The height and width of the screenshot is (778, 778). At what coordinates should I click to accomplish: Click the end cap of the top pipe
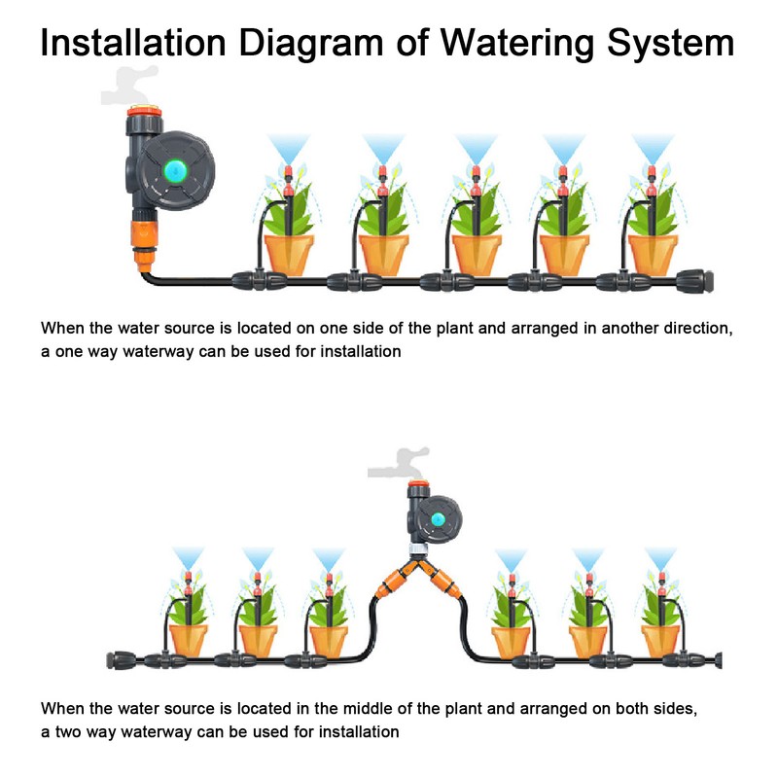pos(701,279)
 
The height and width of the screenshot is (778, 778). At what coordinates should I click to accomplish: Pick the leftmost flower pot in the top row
pos(290,251)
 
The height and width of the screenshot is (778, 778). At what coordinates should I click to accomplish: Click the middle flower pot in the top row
pos(477,251)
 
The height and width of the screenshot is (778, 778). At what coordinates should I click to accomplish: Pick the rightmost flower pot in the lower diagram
pos(660,638)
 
